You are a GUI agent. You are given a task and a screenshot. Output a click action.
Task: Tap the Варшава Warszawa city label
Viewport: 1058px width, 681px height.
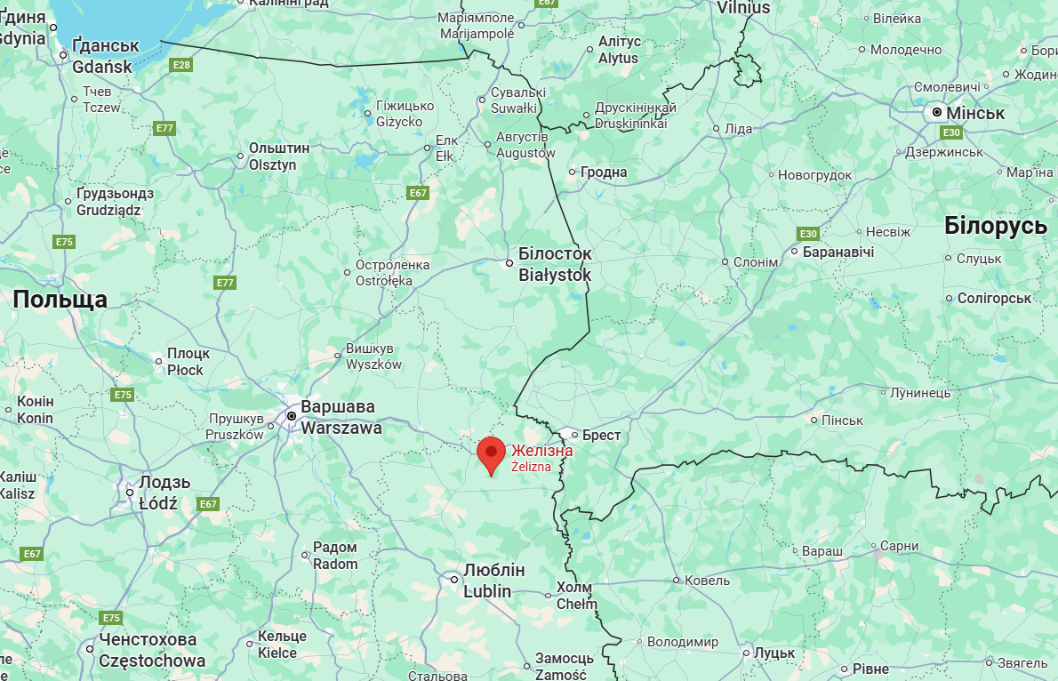341,417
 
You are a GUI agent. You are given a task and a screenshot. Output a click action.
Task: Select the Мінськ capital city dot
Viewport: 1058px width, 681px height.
937,113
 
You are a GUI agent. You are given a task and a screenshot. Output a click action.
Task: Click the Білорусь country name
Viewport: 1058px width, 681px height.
995,226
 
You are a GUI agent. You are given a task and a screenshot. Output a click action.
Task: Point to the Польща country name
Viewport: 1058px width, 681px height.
60,300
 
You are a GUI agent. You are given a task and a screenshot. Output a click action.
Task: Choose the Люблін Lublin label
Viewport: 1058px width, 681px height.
493,581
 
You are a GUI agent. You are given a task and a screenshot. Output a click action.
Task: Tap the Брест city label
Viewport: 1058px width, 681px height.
601,436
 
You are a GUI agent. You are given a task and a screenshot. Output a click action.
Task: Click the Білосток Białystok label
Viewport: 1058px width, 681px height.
555,264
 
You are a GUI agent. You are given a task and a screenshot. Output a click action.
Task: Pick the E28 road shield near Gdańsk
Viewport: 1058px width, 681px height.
181,65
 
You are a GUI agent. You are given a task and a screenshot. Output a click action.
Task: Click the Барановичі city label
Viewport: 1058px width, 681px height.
838,252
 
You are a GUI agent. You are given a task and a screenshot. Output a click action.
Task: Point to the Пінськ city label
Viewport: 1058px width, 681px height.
842,420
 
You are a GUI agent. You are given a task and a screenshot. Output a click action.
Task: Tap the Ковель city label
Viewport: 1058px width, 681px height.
707,581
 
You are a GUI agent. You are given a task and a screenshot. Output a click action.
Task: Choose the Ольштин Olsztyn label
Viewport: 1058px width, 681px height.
278,156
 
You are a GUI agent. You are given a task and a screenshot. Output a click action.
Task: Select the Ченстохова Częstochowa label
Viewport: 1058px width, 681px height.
148,650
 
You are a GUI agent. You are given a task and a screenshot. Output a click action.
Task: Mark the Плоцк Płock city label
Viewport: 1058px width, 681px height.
188,361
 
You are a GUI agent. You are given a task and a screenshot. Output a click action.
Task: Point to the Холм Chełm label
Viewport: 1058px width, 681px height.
576,596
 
